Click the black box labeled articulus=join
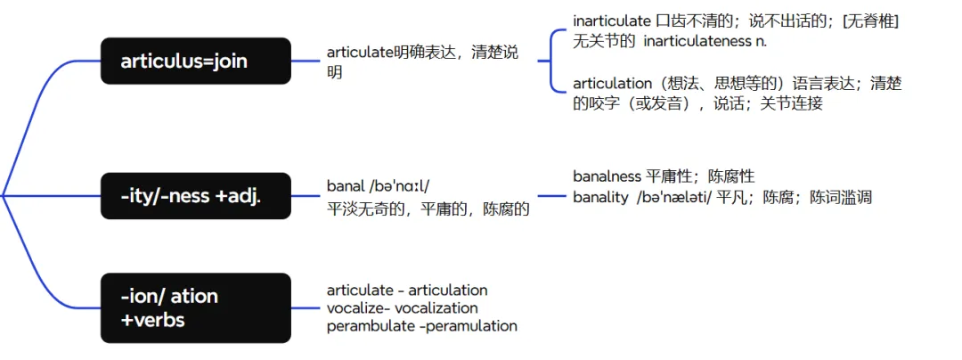click(x=195, y=61)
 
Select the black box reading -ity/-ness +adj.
click(x=195, y=196)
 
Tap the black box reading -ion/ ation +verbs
click(x=195, y=307)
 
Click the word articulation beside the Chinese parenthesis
click(x=613, y=84)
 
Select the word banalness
click(x=607, y=176)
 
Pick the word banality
click(x=600, y=197)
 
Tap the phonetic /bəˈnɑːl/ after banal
click(x=398, y=186)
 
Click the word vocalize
click(x=355, y=308)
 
